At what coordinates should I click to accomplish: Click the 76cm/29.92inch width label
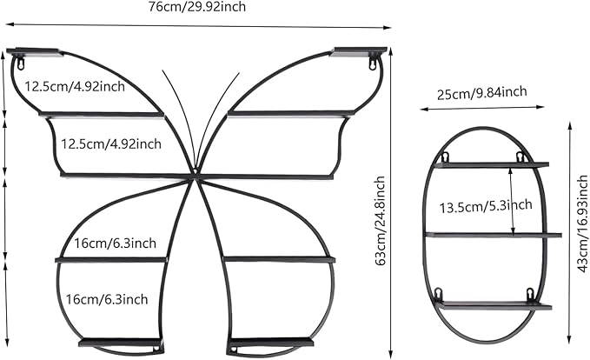pos(196,6)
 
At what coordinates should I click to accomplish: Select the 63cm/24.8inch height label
pos(380,221)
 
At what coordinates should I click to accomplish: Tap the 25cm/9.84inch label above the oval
pos(481,93)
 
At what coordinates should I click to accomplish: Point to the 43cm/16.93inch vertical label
pos(582,223)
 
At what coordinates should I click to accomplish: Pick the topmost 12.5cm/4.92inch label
pos(75,86)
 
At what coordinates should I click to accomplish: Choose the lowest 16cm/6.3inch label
pos(107,299)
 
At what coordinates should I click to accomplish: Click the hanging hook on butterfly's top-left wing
pos(20,63)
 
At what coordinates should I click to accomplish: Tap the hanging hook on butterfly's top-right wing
pos(373,62)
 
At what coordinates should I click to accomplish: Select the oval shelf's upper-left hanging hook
pos(445,157)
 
